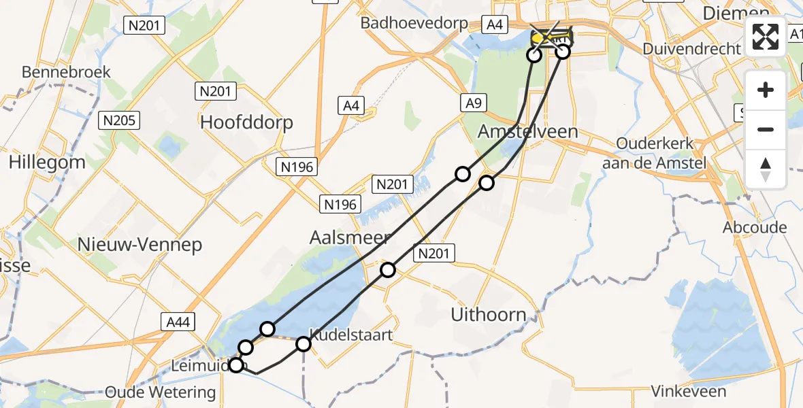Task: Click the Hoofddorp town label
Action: tap(247, 122)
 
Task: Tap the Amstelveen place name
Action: tap(528, 131)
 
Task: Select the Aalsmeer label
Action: tap(350, 237)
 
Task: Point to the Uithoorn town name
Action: tap(489, 314)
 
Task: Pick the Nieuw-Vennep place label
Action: tap(140, 245)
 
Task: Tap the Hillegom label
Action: tap(47, 162)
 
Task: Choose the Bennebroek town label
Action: tap(66, 72)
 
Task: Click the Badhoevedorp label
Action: tap(414, 23)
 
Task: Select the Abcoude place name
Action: tap(755, 227)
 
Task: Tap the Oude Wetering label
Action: tap(161, 392)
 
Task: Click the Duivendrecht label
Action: tap(692, 48)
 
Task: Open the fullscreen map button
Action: tap(766, 37)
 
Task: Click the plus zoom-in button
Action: tap(766, 90)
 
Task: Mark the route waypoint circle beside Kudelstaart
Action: tap(304, 345)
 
